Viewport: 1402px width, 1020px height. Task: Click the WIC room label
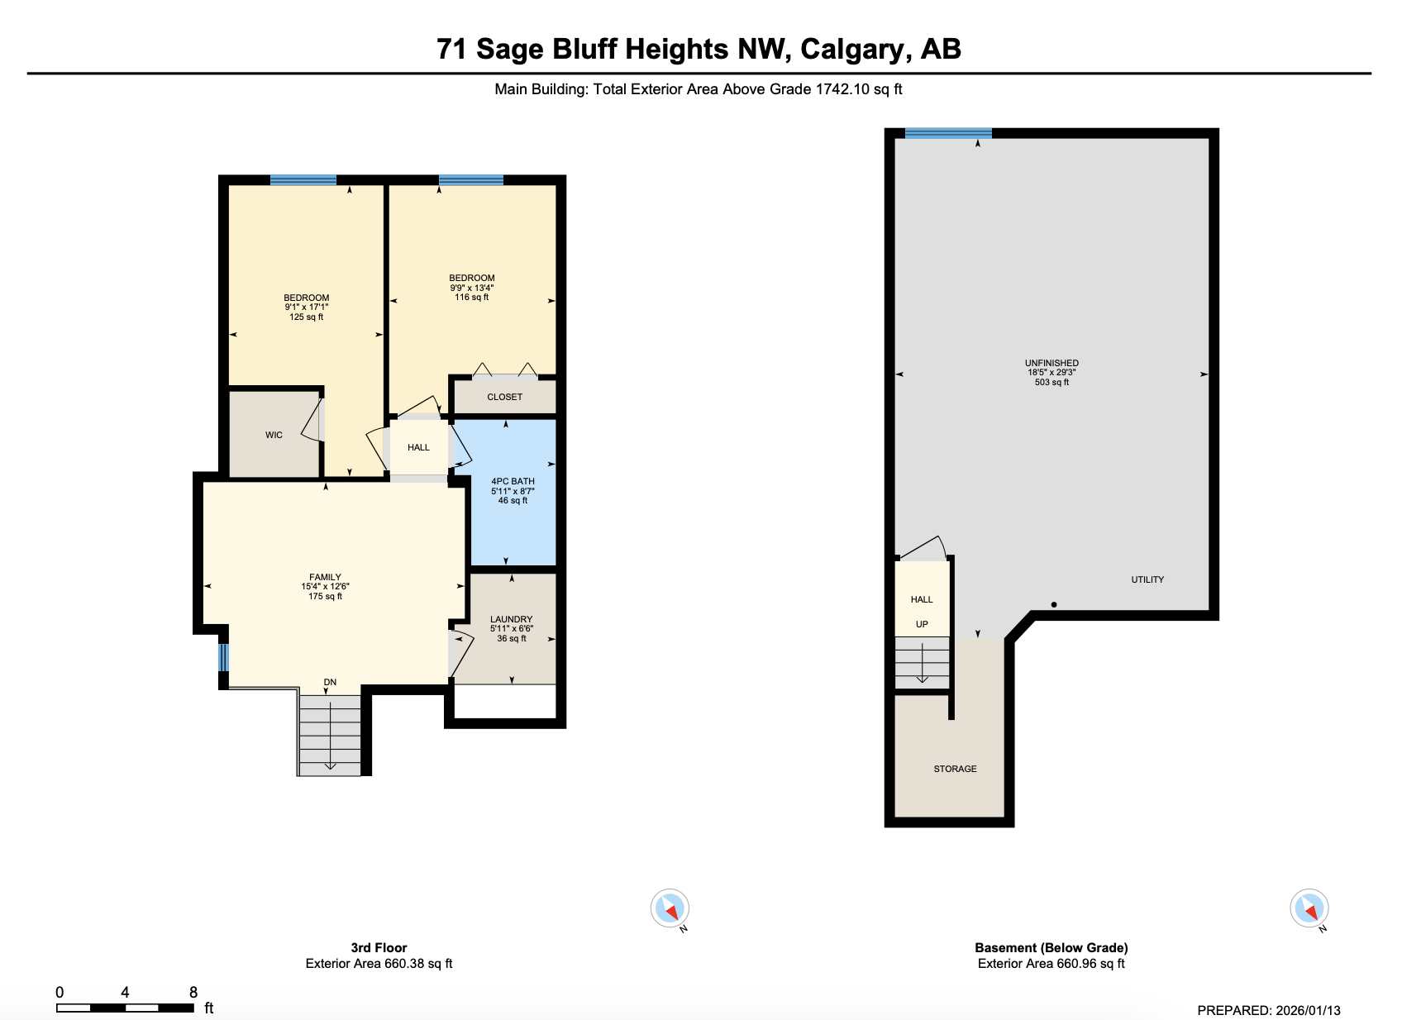(274, 435)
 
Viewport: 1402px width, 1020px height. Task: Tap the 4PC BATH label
(513, 481)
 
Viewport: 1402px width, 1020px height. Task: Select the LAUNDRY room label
(511, 619)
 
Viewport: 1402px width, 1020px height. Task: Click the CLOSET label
(504, 397)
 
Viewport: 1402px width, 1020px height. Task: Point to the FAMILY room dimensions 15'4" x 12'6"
(325, 587)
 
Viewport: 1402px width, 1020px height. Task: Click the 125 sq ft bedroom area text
(306, 317)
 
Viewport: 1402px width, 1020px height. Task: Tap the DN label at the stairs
(330, 682)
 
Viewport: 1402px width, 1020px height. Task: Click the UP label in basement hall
(922, 624)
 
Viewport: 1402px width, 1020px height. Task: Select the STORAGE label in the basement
(955, 769)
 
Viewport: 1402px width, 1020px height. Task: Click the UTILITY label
(1147, 579)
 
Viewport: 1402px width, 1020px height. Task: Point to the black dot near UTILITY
(1054, 604)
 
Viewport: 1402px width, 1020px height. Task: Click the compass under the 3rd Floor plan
(670, 908)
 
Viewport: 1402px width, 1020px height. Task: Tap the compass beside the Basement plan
(1309, 908)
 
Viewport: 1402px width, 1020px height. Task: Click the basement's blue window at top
(948, 133)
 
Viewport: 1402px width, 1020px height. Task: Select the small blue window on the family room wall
(222, 658)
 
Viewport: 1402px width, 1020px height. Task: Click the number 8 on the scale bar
(193, 992)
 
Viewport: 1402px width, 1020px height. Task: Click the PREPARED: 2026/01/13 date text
(1268, 1010)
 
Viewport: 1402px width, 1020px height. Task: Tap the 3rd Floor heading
(379, 948)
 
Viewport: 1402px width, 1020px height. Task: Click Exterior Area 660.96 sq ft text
(1051, 964)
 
